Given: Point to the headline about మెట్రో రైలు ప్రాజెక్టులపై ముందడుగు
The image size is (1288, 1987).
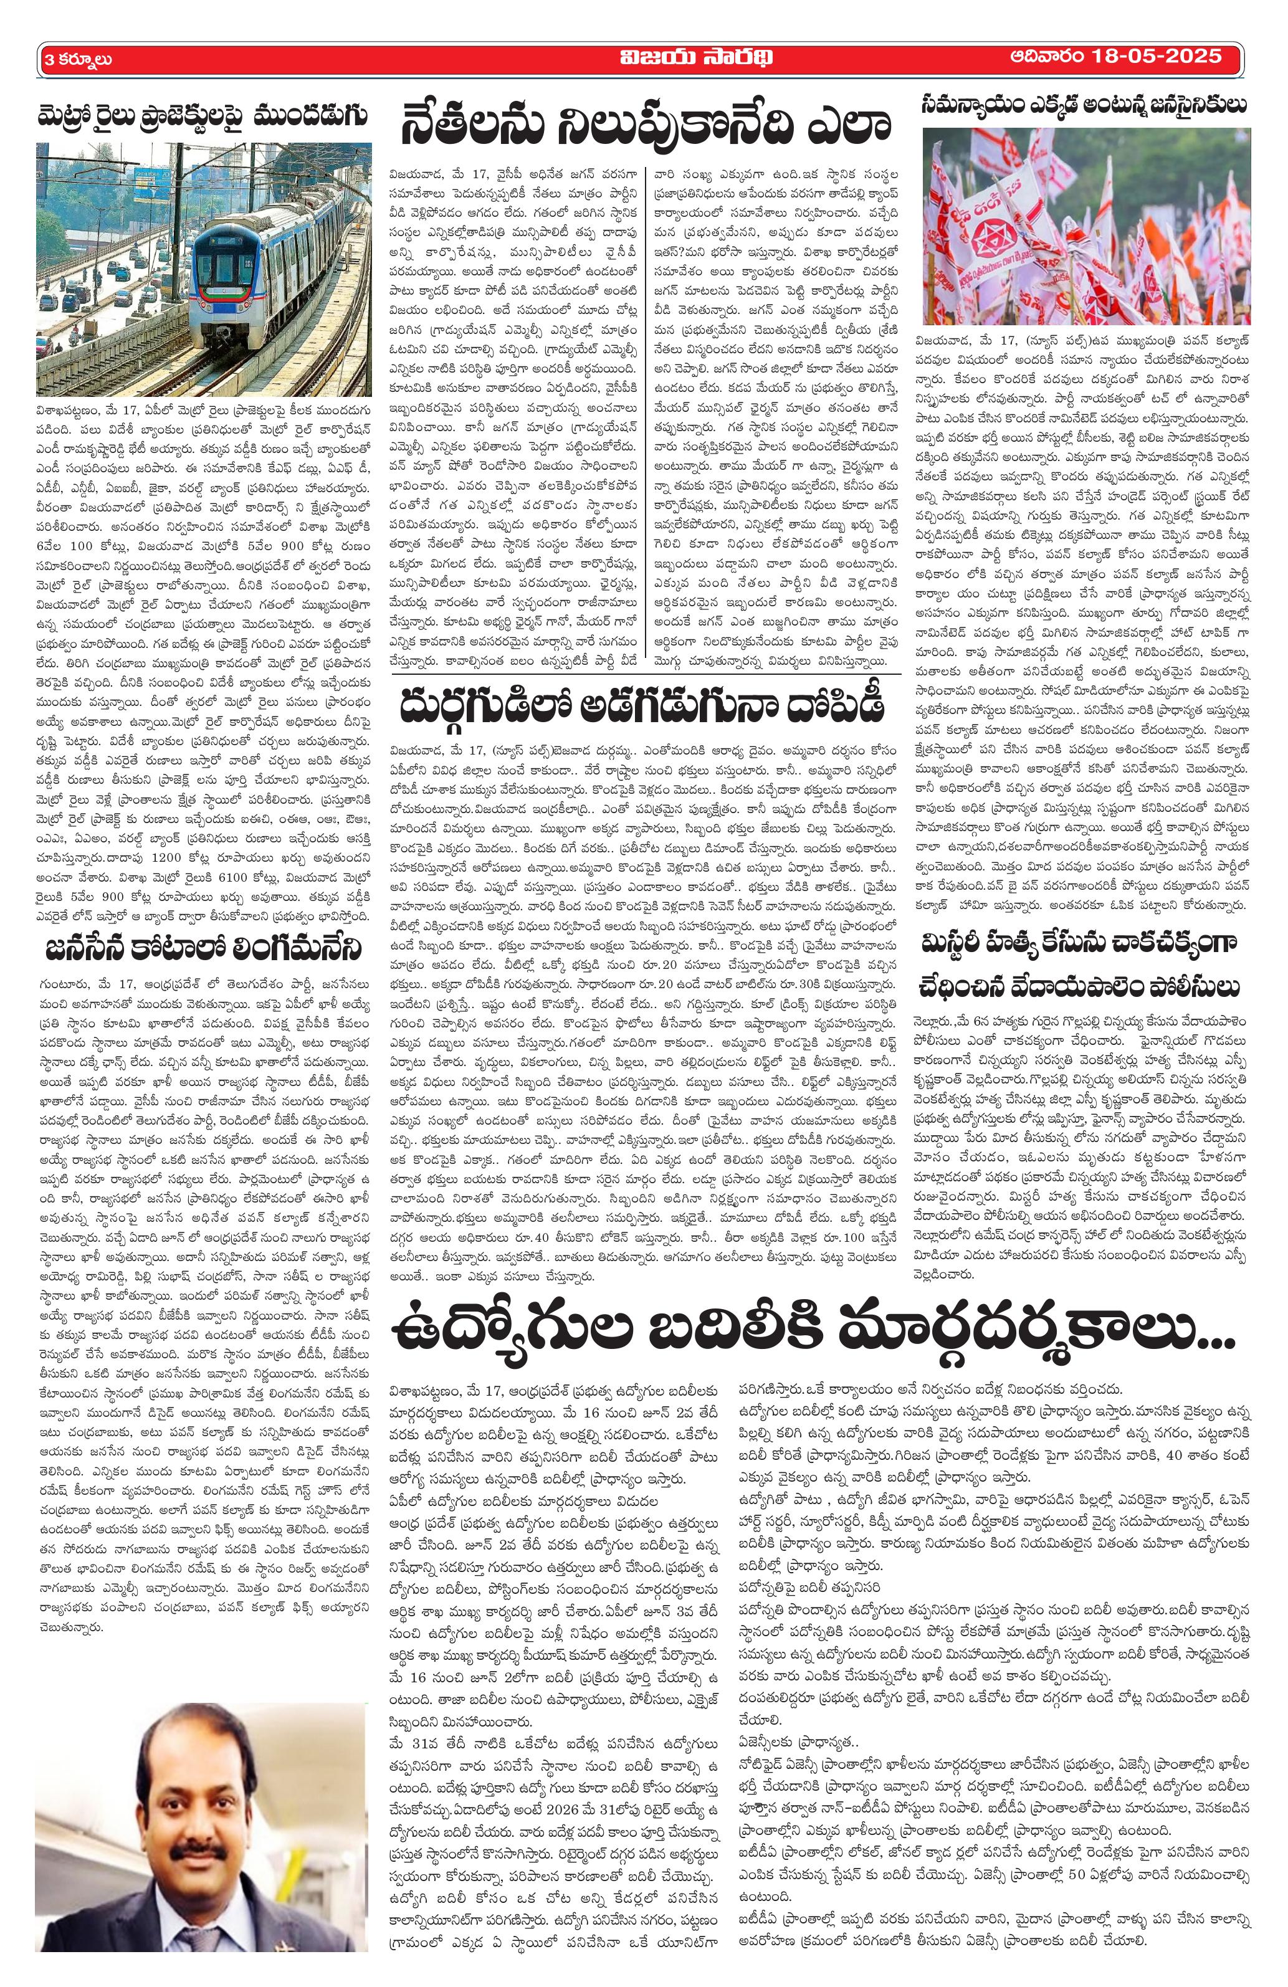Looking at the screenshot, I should pos(204,115).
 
